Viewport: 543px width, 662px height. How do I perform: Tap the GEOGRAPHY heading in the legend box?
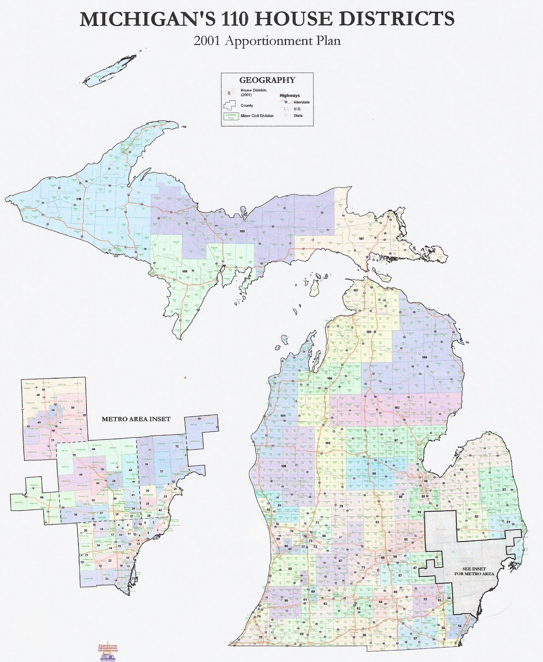pos(267,80)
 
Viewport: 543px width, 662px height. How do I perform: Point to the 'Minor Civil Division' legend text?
pos(257,116)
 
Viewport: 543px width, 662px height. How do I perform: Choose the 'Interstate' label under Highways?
pos(301,102)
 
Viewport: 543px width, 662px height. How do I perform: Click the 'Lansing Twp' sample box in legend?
pos(230,116)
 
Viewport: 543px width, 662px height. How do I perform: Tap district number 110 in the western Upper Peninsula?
pos(79,199)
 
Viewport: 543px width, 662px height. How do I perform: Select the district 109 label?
pos(242,231)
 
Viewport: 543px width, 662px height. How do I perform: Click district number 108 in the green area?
pos(185,271)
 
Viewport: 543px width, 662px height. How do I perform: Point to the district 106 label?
pos(424,357)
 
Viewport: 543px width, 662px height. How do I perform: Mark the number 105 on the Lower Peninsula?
pos(369,332)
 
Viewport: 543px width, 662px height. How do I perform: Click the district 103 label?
pos(397,408)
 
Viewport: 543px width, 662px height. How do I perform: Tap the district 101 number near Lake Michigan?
pos(283,415)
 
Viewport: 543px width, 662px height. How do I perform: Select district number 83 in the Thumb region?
pos(504,490)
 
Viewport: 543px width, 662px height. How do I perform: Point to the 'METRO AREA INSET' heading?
pos(136,419)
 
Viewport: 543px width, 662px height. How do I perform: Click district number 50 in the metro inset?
pos(73,408)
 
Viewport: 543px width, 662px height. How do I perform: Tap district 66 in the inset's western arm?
pos(42,497)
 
